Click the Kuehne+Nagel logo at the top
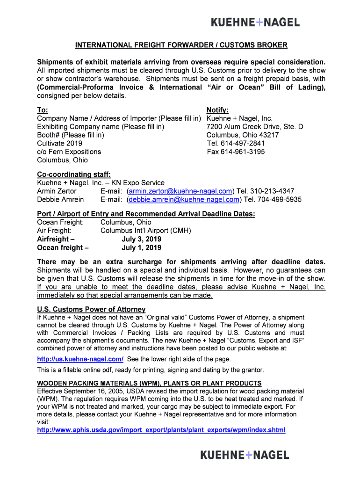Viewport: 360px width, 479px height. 255,22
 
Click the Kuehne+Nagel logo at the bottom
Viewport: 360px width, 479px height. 245,455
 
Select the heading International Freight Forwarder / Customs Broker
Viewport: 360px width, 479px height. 181,45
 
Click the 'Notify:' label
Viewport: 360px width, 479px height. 217,110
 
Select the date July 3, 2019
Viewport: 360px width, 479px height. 141,239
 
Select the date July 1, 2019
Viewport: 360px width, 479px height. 141,248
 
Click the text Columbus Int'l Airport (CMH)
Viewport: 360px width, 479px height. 146,231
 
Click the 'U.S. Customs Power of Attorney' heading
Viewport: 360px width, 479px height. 91,309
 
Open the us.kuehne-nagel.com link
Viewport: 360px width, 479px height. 80,359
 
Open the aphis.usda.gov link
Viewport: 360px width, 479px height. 161,430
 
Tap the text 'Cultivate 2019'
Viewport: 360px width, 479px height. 59,143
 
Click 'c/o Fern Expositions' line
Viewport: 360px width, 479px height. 69,152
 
